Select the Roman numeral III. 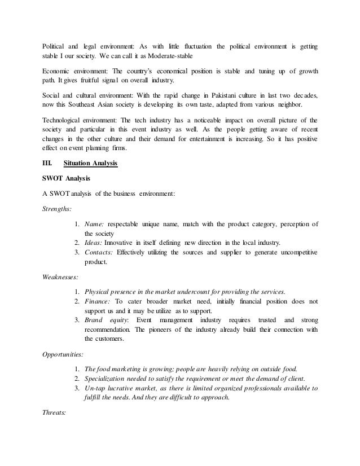tap(49, 164)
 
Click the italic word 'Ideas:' tap(94, 242)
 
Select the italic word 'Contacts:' tap(99, 252)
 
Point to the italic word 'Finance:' tap(99, 301)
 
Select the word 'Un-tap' tap(96, 389)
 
